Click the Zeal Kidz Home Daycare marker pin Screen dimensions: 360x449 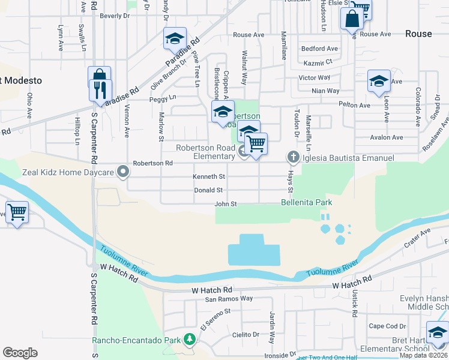point(124,173)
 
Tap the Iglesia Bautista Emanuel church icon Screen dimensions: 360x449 point(293,158)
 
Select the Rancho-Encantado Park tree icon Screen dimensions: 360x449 point(190,340)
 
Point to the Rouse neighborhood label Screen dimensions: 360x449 point(418,34)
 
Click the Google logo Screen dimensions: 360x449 point(20,353)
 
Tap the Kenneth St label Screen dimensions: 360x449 point(209,177)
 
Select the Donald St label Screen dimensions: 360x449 point(208,190)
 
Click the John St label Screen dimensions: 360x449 point(226,205)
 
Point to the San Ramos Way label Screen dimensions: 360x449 point(229,299)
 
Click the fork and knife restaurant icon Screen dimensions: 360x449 point(99,89)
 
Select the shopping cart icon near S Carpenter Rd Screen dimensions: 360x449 point(17,212)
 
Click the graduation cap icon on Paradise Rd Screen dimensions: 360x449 point(175,39)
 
